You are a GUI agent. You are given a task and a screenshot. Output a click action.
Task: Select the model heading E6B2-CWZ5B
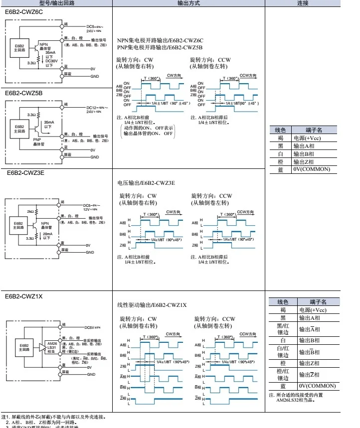(24, 93)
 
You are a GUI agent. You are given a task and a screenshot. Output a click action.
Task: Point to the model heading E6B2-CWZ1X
(24, 296)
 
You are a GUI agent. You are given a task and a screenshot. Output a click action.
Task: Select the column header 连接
(303, 3)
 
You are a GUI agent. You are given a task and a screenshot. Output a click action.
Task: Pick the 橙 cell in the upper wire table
(280, 161)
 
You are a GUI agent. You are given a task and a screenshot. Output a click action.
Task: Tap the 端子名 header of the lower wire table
(317, 302)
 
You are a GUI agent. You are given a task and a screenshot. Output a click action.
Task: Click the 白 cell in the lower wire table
(282, 340)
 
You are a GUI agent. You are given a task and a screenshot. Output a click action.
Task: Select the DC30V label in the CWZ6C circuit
(51, 61)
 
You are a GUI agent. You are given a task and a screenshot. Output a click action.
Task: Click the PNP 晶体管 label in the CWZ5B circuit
(39, 142)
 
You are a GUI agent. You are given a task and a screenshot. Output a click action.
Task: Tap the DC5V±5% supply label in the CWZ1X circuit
(93, 327)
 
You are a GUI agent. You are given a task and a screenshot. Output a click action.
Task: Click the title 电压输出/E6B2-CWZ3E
(146, 183)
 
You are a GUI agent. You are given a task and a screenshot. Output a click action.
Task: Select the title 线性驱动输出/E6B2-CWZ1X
(152, 305)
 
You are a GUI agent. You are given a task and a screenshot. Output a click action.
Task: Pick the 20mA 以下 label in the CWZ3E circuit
(47, 236)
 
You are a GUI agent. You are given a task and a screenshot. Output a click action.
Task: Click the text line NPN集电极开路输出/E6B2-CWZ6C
(160, 40)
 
